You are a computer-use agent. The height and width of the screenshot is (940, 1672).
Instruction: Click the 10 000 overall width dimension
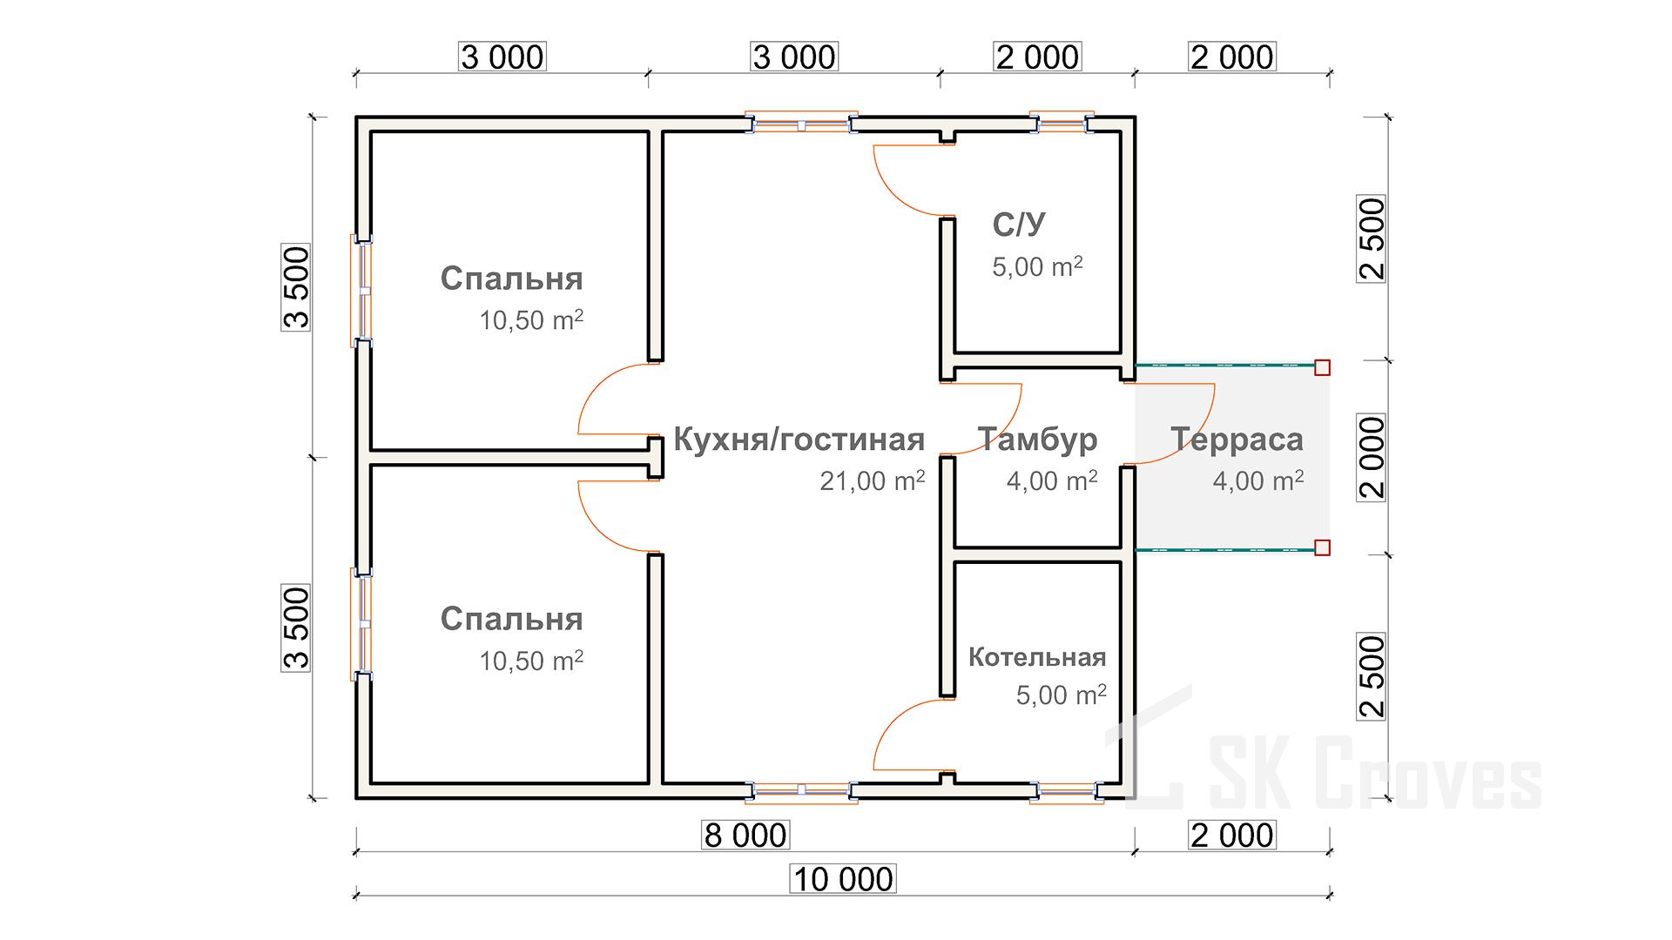tap(843, 879)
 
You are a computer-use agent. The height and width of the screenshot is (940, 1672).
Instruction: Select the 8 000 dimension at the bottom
tap(745, 836)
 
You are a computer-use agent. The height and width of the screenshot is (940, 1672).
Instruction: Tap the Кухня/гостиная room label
tap(799, 440)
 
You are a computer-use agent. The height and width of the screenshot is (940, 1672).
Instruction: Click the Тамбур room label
tap(1037, 440)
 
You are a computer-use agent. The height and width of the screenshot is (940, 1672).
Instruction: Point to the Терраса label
tap(1237, 440)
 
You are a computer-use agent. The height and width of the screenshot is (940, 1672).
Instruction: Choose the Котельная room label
tap(1037, 657)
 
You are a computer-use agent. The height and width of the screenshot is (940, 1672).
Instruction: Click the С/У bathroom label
tap(1019, 225)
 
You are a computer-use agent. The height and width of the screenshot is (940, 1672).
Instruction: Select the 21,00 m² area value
tap(872, 480)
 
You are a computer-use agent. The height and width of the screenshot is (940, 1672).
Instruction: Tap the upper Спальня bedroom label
tap(511, 279)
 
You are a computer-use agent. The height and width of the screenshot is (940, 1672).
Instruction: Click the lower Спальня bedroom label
tap(511, 619)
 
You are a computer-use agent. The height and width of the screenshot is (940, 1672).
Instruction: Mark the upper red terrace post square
tap(1322, 367)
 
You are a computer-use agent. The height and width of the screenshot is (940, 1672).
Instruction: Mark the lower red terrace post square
tap(1322, 547)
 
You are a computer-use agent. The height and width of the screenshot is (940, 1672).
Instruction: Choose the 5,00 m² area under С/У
tap(1037, 266)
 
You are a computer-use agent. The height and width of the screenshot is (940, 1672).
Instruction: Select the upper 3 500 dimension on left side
tap(296, 287)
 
